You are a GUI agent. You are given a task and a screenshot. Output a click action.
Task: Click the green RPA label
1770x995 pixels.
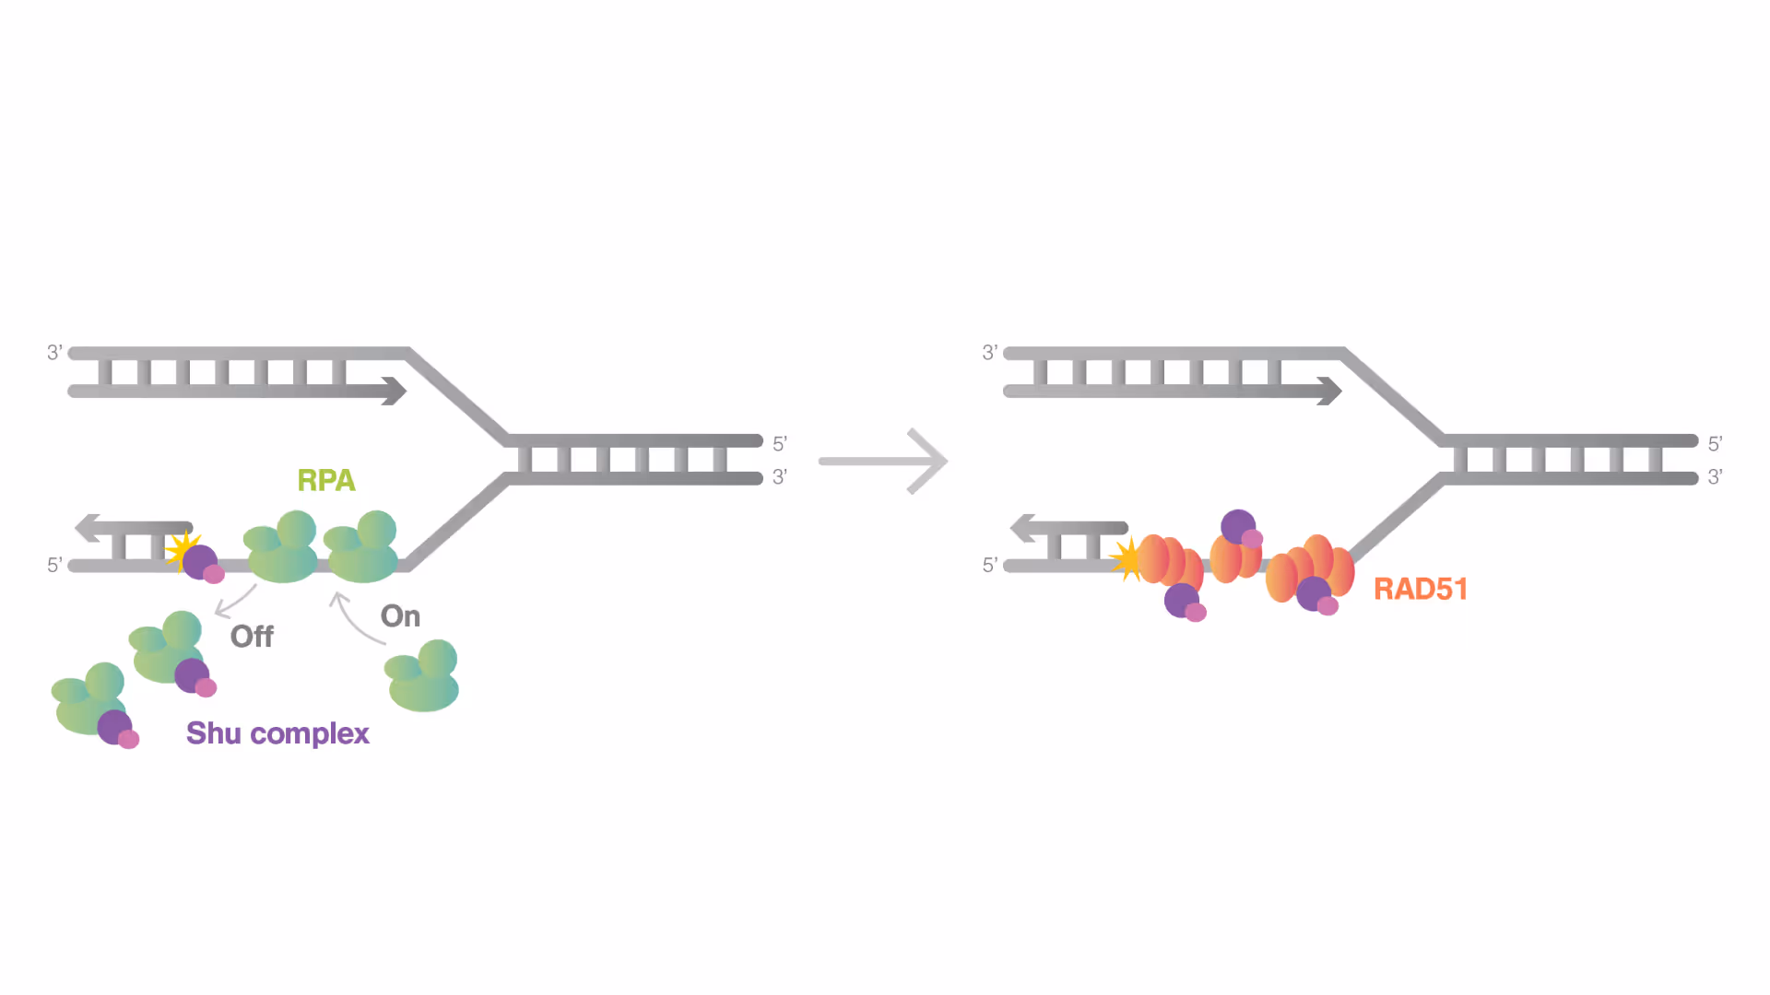[325, 480]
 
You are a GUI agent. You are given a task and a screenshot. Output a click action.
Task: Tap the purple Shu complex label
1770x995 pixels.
[277, 733]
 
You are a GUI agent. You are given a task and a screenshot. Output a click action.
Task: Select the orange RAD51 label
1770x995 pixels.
[1420, 589]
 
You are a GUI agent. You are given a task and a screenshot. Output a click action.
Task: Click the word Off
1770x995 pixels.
[252, 637]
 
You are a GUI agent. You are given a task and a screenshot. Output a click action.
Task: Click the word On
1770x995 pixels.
[400, 616]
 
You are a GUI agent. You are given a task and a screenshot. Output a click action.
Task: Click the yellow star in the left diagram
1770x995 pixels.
[181, 549]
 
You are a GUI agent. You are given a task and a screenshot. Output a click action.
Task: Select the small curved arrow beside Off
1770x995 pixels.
[234, 602]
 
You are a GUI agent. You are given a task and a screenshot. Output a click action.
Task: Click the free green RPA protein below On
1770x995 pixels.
[423, 677]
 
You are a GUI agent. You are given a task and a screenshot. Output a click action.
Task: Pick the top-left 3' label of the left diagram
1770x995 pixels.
[55, 353]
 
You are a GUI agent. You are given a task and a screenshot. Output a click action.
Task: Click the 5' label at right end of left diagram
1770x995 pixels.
[780, 444]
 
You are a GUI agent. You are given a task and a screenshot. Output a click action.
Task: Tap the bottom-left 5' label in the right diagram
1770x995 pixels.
[990, 565]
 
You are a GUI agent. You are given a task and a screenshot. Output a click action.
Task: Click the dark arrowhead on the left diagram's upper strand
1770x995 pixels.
[395, 391]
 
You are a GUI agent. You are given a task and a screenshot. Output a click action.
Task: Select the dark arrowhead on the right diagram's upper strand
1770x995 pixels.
[1329, 391]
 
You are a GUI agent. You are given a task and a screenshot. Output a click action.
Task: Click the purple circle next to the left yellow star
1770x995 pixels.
[199, 561]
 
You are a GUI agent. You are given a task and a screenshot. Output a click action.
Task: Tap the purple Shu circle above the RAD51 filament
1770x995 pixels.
[1237, 527]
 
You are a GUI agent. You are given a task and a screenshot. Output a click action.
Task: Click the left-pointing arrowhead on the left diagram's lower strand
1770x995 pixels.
[88, 528]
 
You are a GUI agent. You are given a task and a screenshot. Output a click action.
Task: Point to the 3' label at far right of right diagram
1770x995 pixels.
[1715, 477]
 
